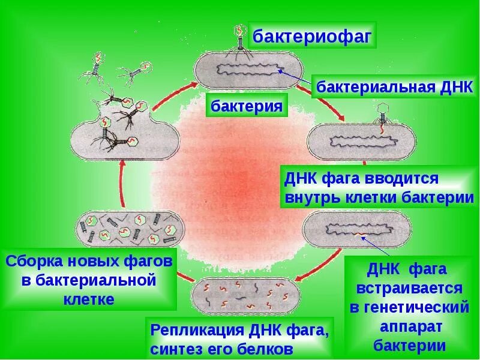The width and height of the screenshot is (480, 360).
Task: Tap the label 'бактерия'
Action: tap(246, 107)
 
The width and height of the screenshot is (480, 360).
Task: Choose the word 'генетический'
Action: tap(409, 307)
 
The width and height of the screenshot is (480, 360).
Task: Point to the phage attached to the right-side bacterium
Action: tap(382, 114)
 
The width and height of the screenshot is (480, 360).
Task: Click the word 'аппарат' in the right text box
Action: tap(409, 327)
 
